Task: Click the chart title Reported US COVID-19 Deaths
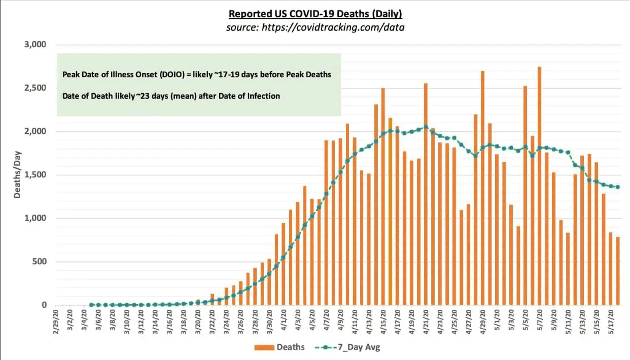pos(315,14)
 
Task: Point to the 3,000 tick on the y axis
pos(36,45)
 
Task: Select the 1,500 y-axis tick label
pos(36,175)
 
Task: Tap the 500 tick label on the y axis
pos(40,262)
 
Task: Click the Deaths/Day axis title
pos(17,175)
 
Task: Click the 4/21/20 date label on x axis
pos(426,321)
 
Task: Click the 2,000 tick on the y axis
pos(36,131)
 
